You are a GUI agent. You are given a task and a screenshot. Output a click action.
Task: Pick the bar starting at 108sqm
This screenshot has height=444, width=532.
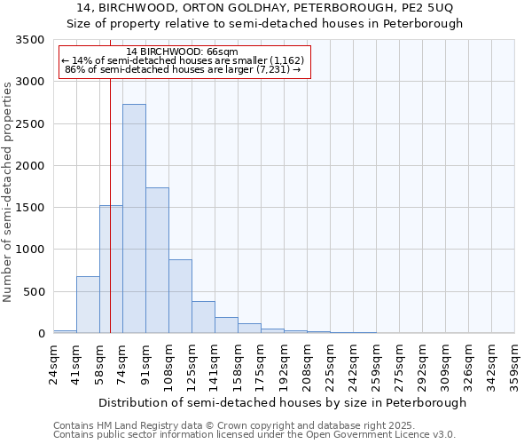tap(180, 296)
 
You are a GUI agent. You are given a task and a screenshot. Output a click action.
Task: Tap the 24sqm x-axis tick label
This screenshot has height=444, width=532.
tap(54, 361)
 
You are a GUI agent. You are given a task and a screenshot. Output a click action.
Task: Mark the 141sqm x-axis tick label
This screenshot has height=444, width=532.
tap(215, 364)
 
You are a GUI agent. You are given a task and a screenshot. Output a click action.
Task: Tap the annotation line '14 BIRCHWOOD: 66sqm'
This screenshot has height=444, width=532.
tap(183, 52)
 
